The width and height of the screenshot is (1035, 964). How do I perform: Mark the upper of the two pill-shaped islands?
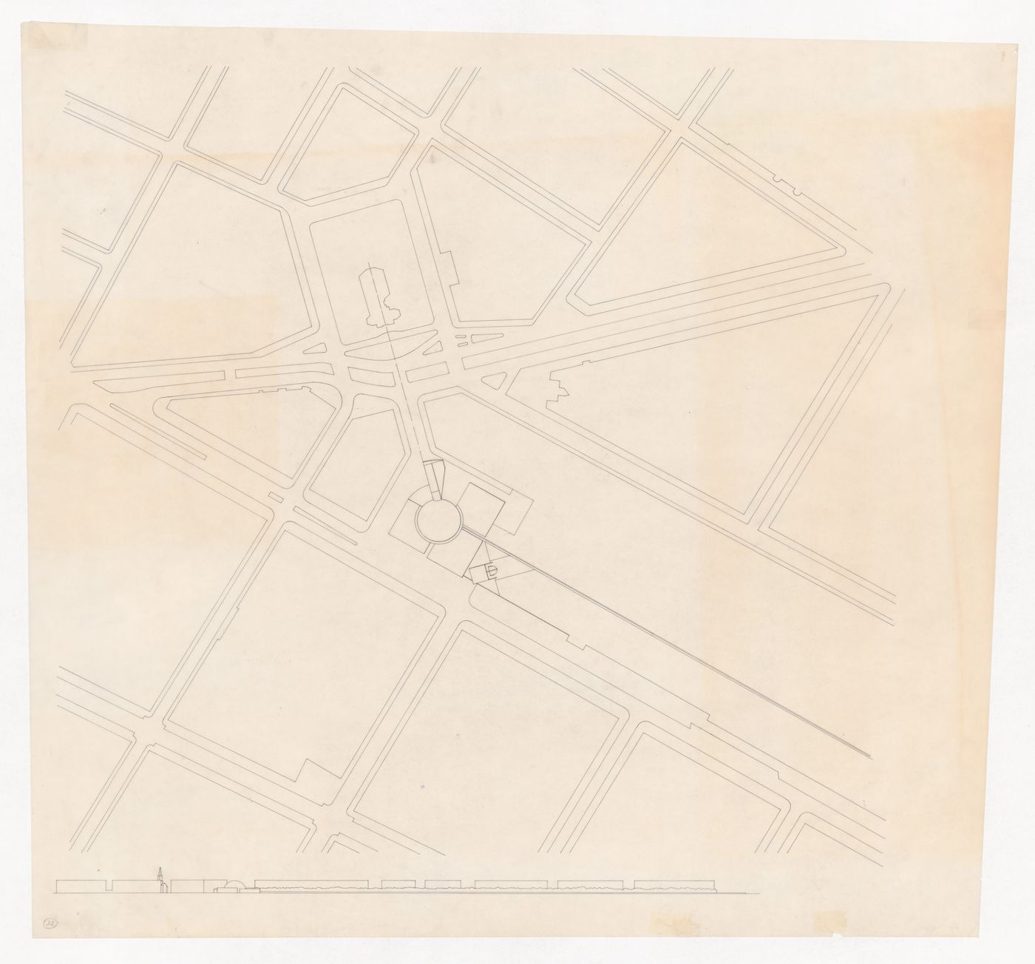(461, 337)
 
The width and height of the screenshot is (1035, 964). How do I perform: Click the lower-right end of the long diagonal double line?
(868, 756)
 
